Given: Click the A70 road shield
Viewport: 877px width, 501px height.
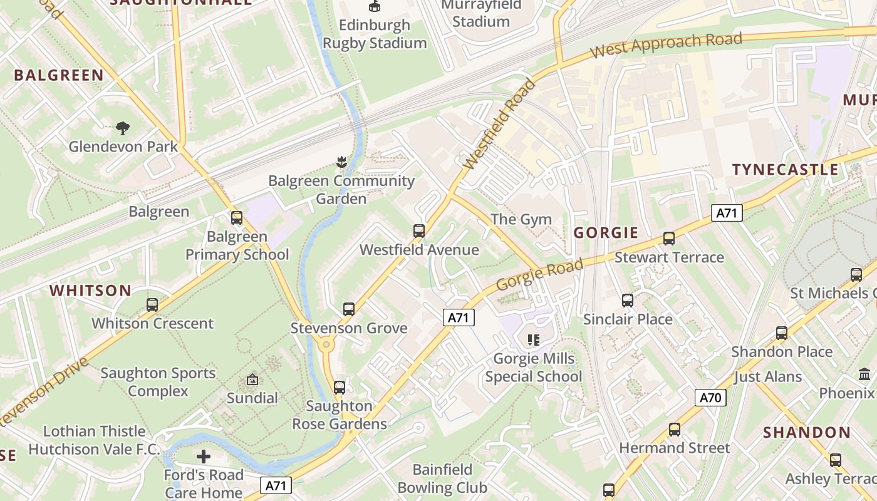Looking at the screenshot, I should coord(710,398).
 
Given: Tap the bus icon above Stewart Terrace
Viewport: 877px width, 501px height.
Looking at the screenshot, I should coord(669,239).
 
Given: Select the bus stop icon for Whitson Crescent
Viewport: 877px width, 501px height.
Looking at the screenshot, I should coord(152,305).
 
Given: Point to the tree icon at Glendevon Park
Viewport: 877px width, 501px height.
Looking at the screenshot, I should coord(123,128).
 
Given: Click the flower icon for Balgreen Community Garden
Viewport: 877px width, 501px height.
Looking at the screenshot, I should coord(341,162).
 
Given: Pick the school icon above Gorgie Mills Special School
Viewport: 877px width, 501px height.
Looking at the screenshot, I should coord(534,340).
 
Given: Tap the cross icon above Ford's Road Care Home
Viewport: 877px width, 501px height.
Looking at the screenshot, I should coord(204,457).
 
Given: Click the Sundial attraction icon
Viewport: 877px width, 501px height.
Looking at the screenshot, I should coord(252,380).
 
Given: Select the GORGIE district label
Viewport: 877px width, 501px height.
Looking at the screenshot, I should coord(606,233).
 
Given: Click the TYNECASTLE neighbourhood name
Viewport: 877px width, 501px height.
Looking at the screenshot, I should coord(785,170).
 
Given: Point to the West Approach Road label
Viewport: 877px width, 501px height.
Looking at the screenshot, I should coord(667,45).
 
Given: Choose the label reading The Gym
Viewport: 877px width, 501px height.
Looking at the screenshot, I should coord(521,219).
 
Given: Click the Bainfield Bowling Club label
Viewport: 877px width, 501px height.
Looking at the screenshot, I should coord(442,478).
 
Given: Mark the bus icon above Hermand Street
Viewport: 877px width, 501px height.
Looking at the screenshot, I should coord(675,430).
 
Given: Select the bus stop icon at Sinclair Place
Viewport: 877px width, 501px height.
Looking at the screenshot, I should coord(628,301).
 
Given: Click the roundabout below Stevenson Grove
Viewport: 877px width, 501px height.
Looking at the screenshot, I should coord(325,344).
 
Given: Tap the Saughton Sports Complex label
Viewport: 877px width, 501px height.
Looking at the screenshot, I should coord(158,382).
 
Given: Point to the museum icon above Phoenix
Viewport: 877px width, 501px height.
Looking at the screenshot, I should coord(865,374).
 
